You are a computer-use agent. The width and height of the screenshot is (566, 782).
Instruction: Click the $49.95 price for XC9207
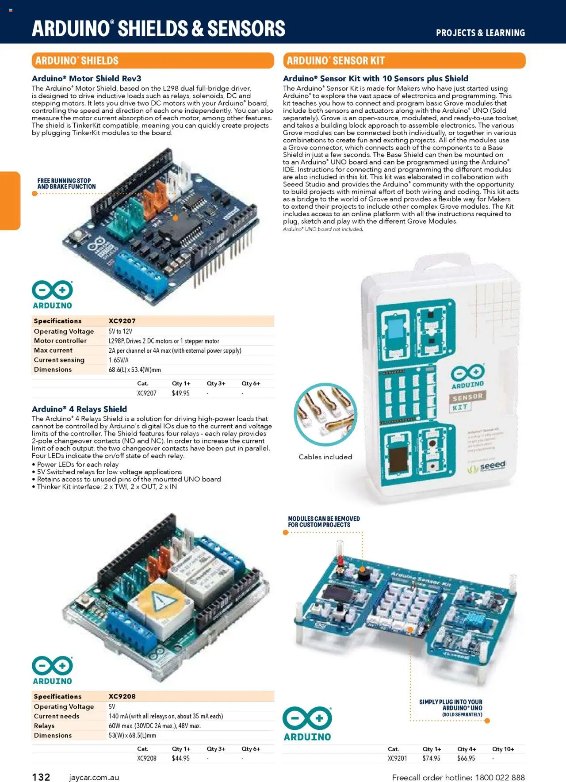(x=180, y=393)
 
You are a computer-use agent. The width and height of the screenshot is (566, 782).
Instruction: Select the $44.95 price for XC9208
(x=180, y=758)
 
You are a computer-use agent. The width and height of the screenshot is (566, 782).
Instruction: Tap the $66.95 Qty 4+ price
(x=466, y=758)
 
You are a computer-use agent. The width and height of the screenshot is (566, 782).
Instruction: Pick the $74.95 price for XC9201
(x=431, y=758)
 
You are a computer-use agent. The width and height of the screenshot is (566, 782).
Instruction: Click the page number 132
(x=41, y=777)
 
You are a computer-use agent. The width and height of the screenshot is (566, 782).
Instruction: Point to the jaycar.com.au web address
(x=94, y=777)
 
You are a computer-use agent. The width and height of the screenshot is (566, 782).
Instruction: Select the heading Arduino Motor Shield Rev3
(x=87, y=79)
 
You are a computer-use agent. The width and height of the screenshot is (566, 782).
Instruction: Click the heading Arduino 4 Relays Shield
(x=80, y=409)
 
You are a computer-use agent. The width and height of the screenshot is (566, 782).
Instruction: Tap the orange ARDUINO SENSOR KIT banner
(x=404, y=61)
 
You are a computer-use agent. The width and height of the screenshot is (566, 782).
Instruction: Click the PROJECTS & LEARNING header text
(x=480, y=33)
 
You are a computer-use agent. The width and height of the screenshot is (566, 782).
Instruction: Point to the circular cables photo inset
(x=325, y=414)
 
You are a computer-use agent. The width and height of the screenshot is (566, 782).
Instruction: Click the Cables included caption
(x=325, y=457)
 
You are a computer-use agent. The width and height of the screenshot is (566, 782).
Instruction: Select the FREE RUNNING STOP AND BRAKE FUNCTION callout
(x=66, y=183)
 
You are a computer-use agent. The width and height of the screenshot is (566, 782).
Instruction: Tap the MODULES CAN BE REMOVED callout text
(x=324, y=522)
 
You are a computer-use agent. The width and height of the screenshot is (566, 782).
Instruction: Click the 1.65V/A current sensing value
(x=119, y=360)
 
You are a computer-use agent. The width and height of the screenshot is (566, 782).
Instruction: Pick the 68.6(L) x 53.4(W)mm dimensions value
(x=134, y=370)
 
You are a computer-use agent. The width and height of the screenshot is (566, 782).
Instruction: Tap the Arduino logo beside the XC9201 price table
(x=307, y=724)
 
